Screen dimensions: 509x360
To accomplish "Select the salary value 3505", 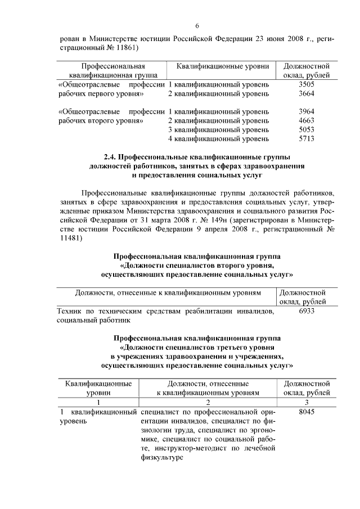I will coord(307,84).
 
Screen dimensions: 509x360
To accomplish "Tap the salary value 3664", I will coord(307,93).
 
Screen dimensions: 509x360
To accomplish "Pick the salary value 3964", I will coord(307,111).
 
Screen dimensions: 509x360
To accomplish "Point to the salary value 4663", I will coord(307,120).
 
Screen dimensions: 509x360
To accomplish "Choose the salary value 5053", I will coord(307,129).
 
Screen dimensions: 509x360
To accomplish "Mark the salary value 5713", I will coord(307,138).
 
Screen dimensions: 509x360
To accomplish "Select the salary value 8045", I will coord(307,412).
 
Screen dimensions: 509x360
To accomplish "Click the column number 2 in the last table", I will coord(208,402).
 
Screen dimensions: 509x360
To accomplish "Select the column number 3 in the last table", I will coord(307,402).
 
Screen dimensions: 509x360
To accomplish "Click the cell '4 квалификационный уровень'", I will coord(218,138).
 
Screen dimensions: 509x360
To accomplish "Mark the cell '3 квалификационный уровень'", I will coord(218,129).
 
